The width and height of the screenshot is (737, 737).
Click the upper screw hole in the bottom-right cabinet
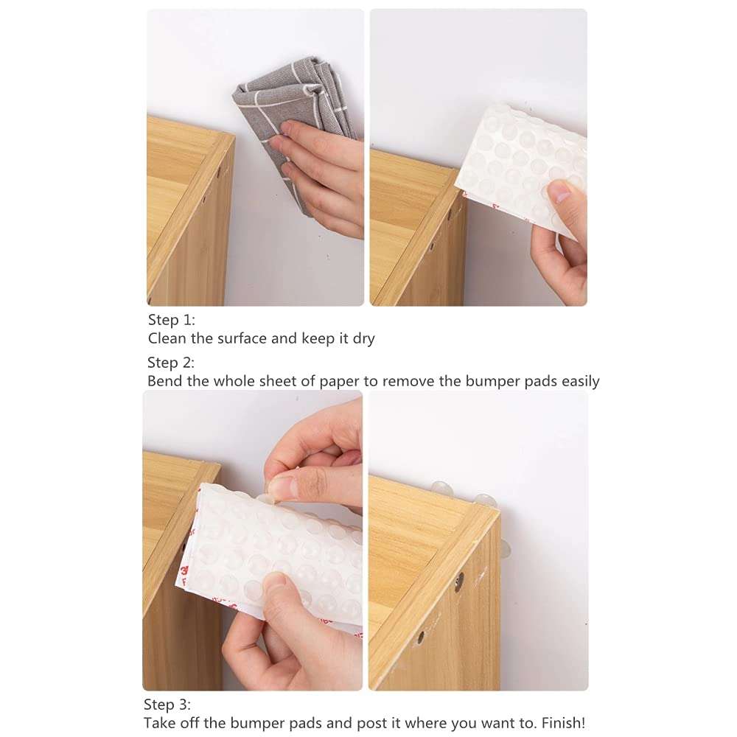click(x=459, y=582)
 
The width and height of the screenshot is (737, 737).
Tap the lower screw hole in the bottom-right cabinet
click(x=422, y=635)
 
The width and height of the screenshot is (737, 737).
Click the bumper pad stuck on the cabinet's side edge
click(x=505, y=547)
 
